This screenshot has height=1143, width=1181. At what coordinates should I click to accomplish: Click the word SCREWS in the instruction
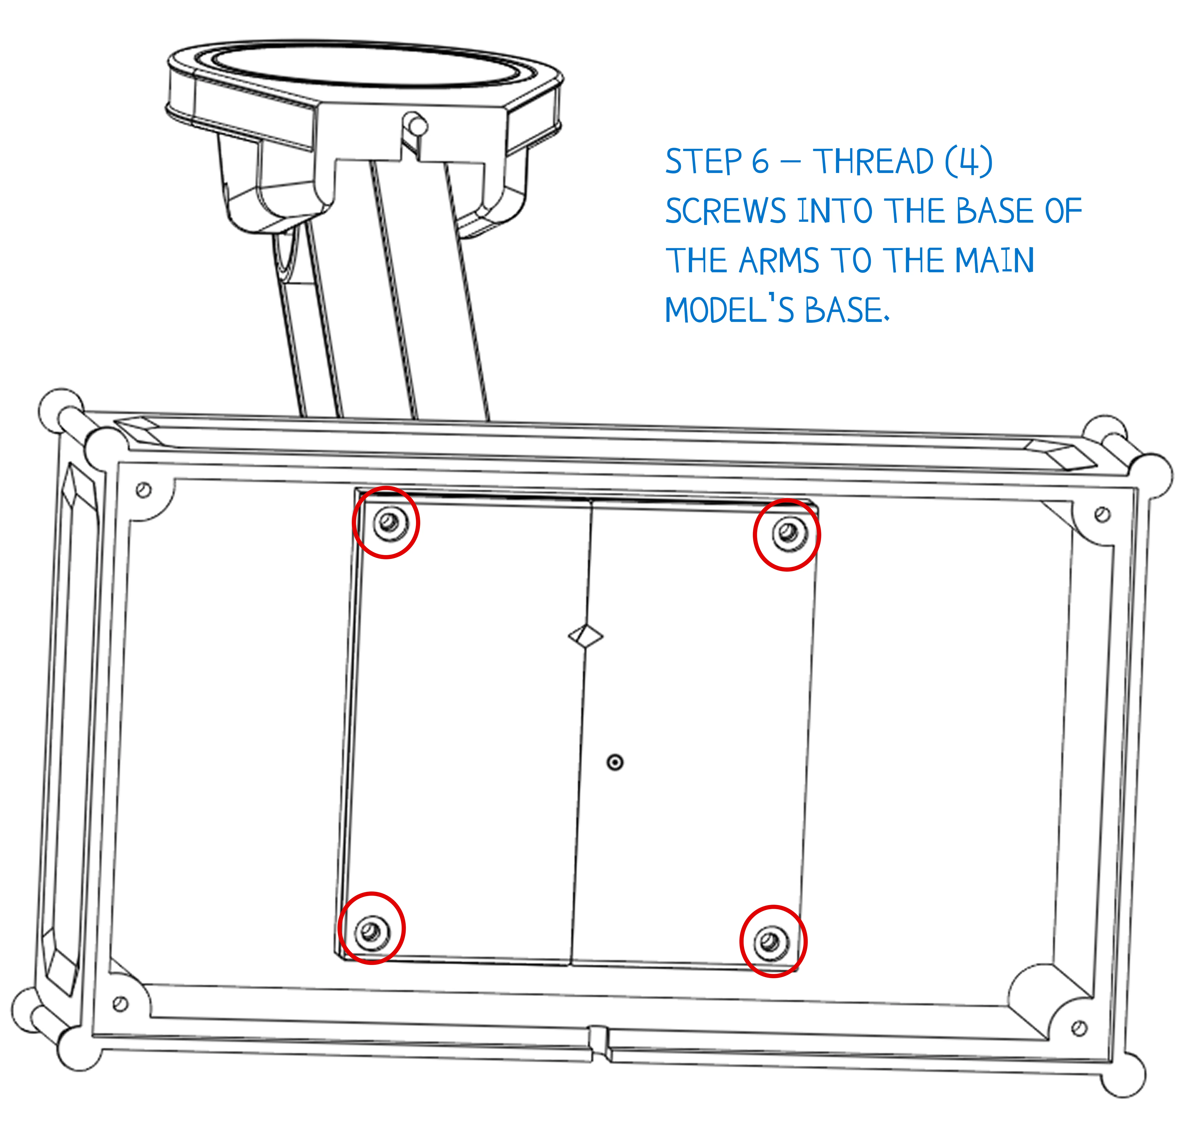click(x=725, y=212)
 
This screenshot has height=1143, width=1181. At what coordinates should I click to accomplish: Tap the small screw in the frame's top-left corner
click(x=143, y=490)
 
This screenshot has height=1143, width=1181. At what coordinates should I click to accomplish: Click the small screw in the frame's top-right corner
click(x=1102, y=514)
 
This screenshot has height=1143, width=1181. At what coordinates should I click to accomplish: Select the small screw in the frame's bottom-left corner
click(x=120, y=1004)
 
